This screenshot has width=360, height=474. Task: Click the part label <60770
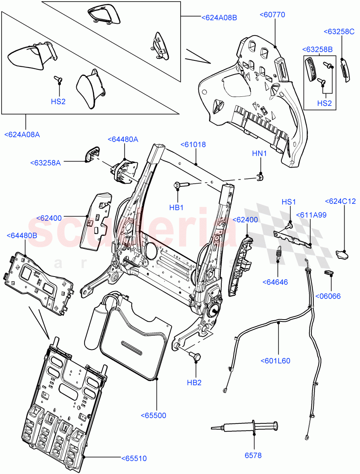[x=272, y=15]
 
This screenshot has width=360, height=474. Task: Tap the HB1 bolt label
[x=177, y=208]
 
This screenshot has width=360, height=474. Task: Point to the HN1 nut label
[x=260, y=153]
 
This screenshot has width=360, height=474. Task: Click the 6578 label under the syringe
[x=253, y=455]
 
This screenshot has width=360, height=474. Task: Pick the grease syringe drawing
[x=245, y=427]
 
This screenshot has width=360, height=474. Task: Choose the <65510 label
[x=134, y=459]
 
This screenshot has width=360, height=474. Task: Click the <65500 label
[x=153, y=415]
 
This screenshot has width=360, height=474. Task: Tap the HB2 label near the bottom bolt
[x=194, y=382]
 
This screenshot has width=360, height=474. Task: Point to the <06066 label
[x=328, y=296]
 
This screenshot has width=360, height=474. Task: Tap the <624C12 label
[x=340, y=201]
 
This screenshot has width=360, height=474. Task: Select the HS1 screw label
[x=288, y=202]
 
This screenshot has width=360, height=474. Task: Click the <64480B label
[x=22, y=235]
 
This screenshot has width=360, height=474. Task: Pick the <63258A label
[x=45, y=163]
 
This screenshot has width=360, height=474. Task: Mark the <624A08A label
[x=22, y=135]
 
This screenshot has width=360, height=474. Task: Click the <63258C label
[x=339, y=32]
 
